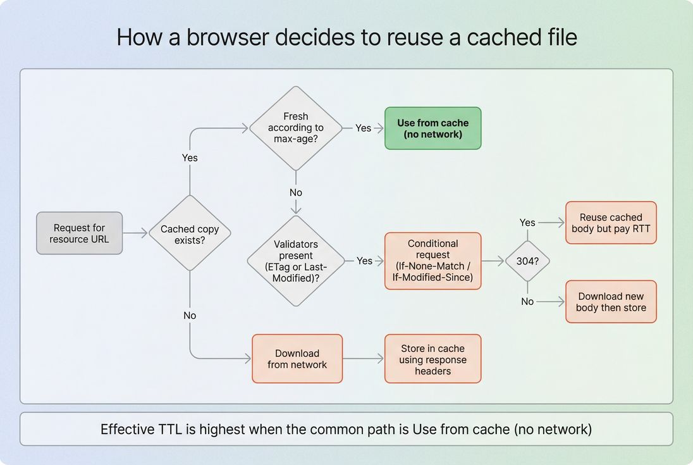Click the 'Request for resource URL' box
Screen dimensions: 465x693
point(79,233)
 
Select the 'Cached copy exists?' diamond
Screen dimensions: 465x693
point(190,233)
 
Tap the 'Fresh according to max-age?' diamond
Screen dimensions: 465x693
point(295,128)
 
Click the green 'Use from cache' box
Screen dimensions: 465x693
point(432,128)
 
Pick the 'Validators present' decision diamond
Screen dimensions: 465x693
point(295,261)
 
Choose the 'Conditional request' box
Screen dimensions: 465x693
point(432,261)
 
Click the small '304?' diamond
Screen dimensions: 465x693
point(527,261)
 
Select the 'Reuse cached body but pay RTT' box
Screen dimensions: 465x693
point(611,223)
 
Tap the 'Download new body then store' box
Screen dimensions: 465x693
point(611,302)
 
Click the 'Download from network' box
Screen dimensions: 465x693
point(297,359)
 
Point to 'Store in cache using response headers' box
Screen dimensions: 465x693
point(432,359)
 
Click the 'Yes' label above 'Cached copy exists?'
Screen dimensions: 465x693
point(190,158)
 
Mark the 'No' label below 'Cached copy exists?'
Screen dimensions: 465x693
point(190,315)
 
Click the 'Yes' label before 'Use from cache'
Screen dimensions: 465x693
point(363,128)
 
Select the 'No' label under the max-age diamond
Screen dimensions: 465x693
point(295,192)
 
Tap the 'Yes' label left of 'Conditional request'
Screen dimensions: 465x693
point(364,261)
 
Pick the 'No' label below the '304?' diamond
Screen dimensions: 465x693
point(527,302)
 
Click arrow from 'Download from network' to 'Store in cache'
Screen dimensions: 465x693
point(363,359)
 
